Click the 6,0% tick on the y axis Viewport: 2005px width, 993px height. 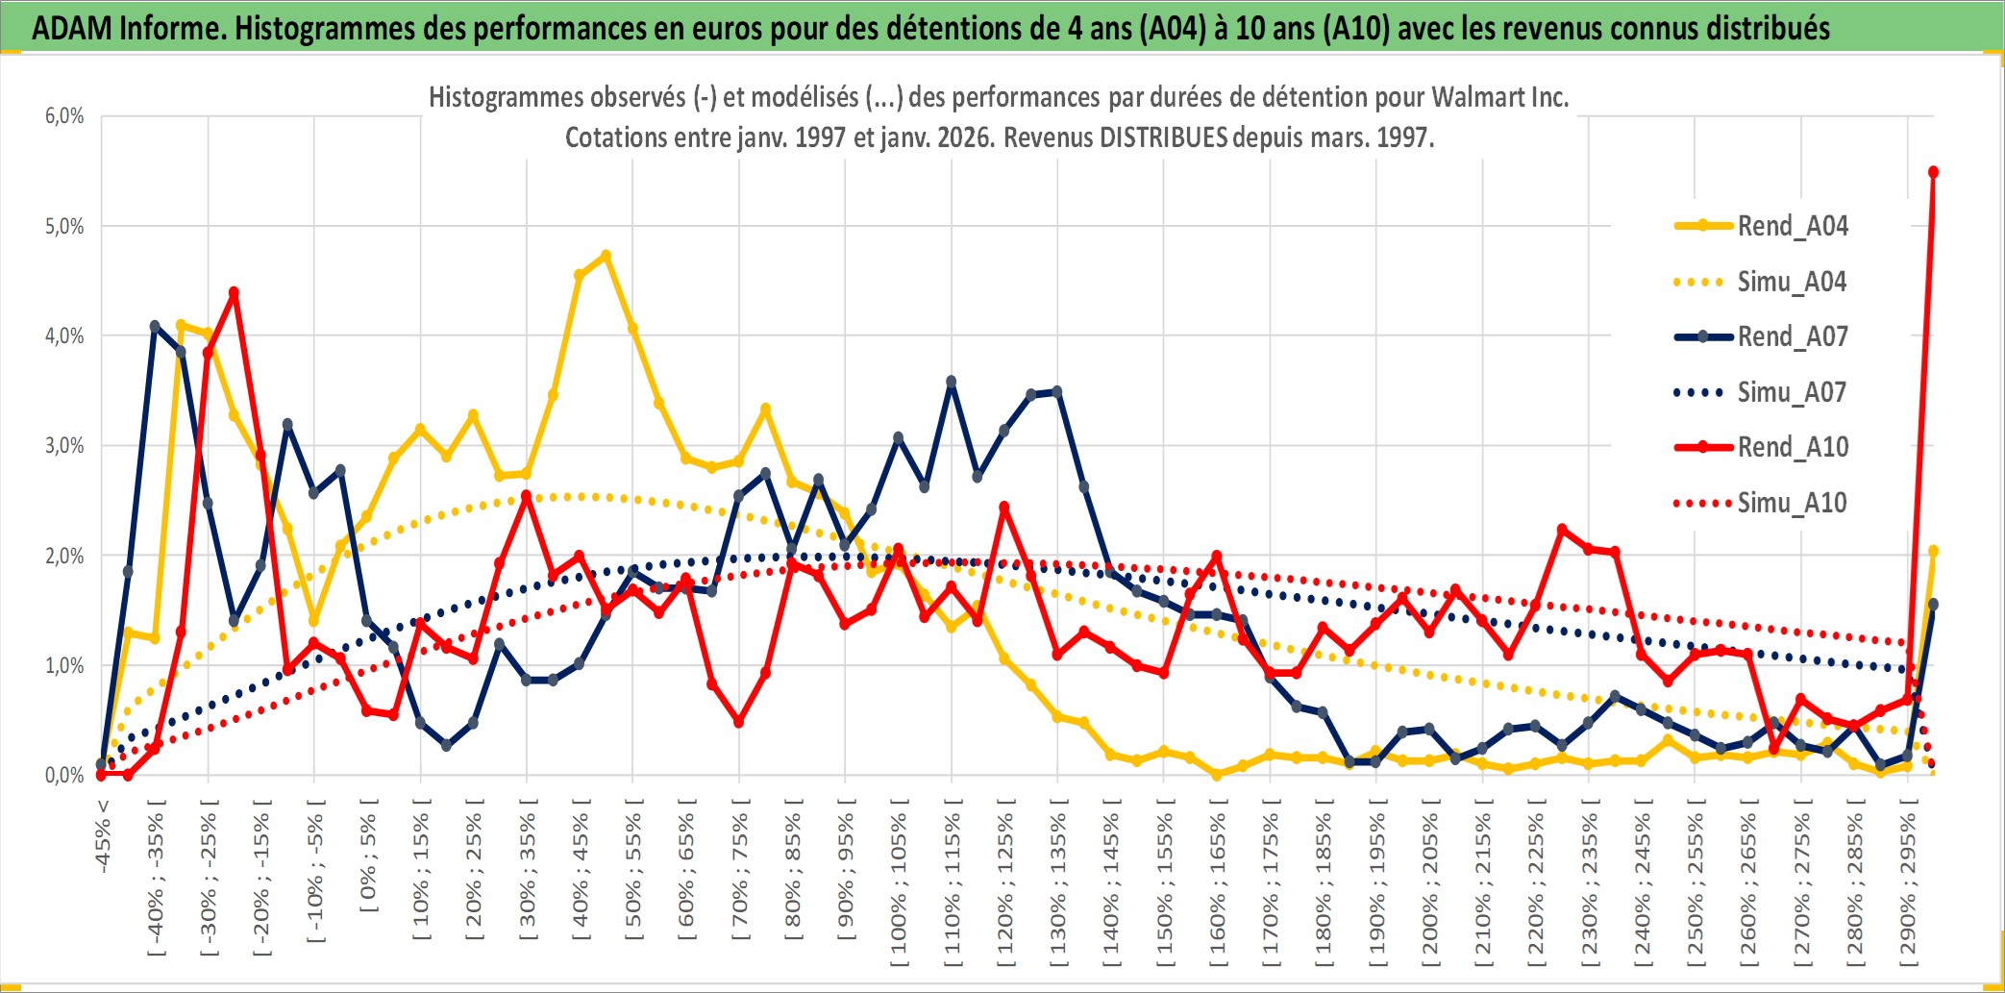[x=64, y=116]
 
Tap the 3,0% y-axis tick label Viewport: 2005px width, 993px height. [x=64, y=446]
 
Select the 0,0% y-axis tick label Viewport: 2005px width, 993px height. [x=64, y=775]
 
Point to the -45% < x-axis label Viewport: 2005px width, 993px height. [x=103, y=836]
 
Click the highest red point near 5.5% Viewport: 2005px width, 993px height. [x=1933, y=172]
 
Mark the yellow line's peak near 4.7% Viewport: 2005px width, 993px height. [x=606, y=256]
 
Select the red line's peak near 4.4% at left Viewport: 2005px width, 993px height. [x=234, y=292]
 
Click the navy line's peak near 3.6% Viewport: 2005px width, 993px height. [x=952, y=382]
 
